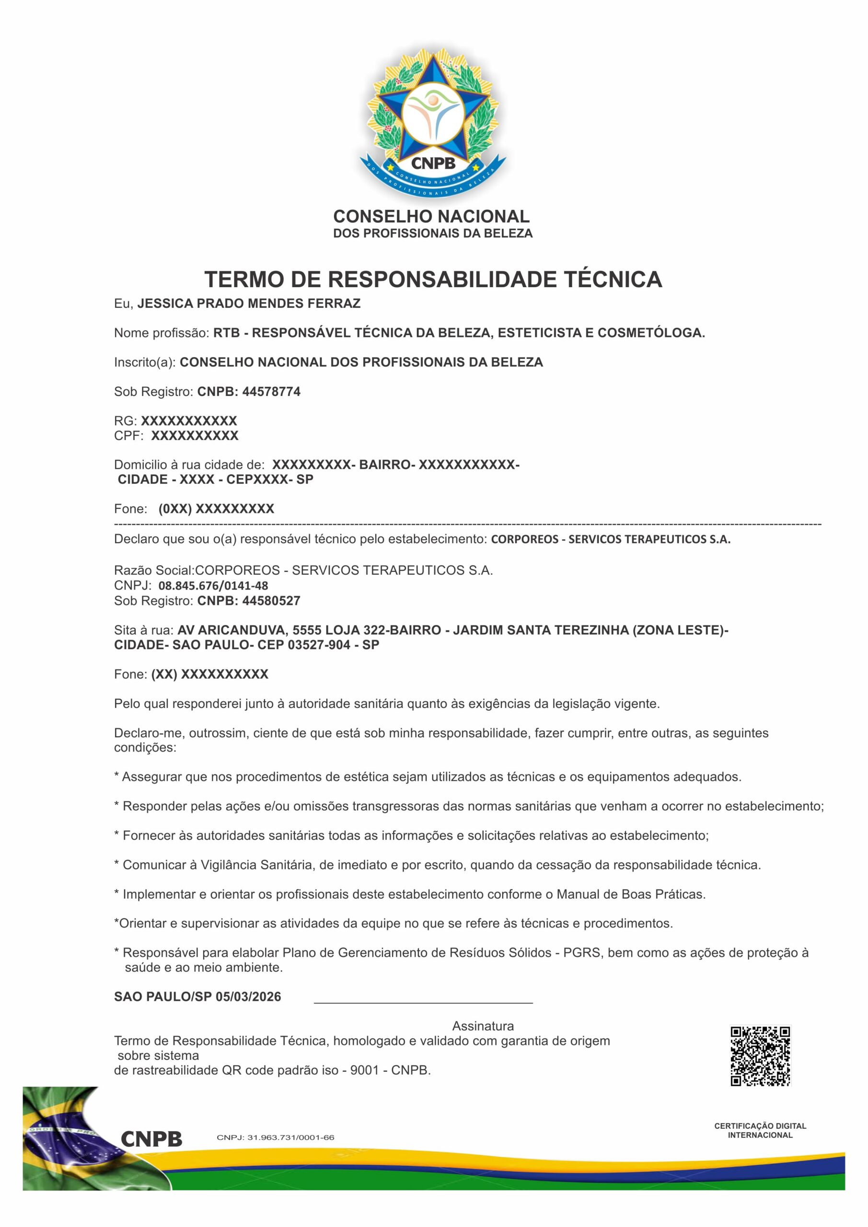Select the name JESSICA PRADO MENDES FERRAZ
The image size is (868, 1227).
coord(249,303)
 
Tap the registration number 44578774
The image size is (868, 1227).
coord(271,392)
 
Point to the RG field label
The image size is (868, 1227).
coord(125,421)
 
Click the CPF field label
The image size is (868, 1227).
coord(128,436)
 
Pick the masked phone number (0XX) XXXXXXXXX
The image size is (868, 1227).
coord(216,509)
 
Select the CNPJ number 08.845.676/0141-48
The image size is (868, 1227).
coord(213,586)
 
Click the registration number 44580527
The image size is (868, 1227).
coord(271,601)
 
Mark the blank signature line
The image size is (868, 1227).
coord(423,1002)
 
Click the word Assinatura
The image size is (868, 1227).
coord(483,1026)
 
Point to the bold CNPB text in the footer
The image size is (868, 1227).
coord(151,1139)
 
